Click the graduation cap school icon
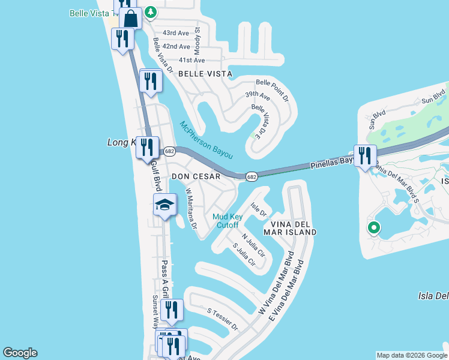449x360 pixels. [164, 205]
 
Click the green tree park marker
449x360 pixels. [151, 11]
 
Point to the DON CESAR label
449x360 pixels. [196, 176]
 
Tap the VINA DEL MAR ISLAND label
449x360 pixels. [290, 227]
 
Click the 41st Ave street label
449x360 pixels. [191, 60]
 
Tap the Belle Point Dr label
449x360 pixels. [273, 89]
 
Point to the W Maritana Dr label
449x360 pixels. [191, 209]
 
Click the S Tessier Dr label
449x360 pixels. [223, 320]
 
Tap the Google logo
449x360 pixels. [20, 353]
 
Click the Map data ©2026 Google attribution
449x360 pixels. [412, 355]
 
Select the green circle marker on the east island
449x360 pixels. [373, 227]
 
